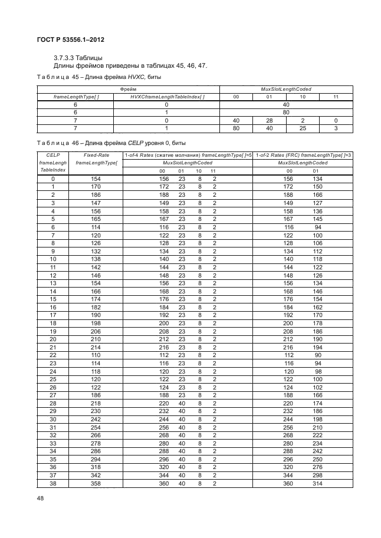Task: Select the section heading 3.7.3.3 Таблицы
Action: tap(78, 58)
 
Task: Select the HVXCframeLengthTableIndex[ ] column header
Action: tap(167, 96)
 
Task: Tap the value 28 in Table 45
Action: tap(268, 120)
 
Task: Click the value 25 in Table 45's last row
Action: tap(302, 127)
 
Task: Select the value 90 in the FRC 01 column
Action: tap(317, 355)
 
